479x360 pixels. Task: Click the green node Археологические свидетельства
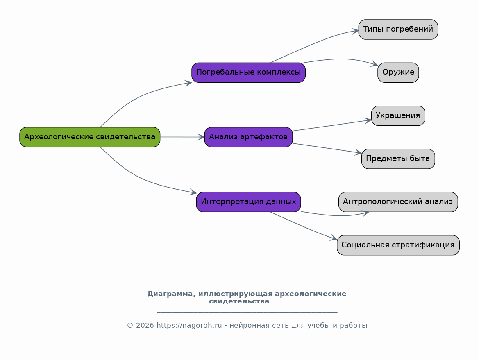[90, 137]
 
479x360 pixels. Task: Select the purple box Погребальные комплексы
[248, 72]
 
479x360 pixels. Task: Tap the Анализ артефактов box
[248, 137]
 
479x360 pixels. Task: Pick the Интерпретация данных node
[248, 202]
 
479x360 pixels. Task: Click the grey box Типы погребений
[398, 29]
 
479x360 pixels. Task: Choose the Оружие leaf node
[398, 72]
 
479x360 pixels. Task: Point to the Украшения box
[398, 116]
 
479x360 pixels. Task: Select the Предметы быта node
[398, 159]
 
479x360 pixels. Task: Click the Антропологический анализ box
[398, 202]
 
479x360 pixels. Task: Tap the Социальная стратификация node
[398, 245]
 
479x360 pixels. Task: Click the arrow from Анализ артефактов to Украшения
[332, 125]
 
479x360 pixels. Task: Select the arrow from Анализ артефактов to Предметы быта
[327, 148]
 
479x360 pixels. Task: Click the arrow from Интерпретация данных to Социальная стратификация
[304, 226]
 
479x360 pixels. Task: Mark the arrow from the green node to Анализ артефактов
[182, 137]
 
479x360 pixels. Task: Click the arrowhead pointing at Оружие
[375, 64]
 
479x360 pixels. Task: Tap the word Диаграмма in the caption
[171, 294]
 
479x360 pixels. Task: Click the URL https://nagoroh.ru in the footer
[189, 326]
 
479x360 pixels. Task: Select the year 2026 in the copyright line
[145, 326]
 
